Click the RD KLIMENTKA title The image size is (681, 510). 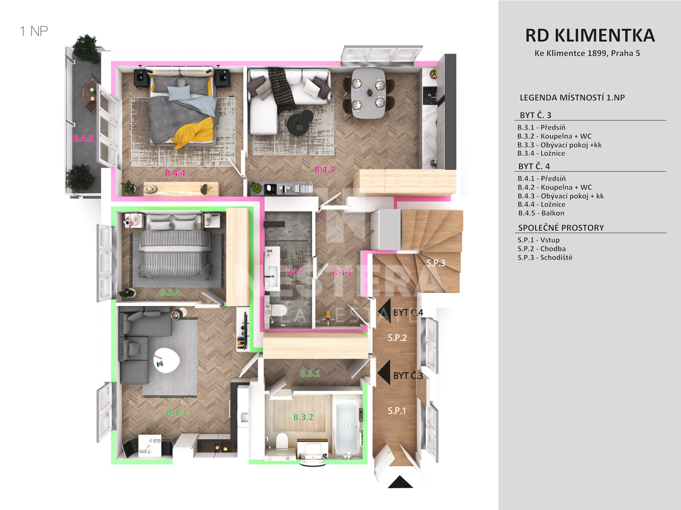tap(590, 35)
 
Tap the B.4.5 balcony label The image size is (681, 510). tap(83, 138)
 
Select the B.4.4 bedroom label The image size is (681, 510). tap(175, 173)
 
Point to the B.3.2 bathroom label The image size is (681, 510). tap(303, 417)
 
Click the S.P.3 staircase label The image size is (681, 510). tap(435, 263)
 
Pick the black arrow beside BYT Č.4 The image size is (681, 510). tap(384, 311)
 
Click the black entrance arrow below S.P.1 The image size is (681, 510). tap(400, 482)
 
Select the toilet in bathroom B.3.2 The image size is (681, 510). tap(282, 441)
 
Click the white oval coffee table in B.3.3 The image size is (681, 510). tap(166, 360)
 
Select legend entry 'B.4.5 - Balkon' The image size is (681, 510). tap(541, 213)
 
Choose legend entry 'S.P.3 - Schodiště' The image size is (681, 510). tap(545, 257)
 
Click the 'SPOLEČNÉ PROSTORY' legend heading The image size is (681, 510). tap(561, 228)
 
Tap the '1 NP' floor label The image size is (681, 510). tap(34, 31)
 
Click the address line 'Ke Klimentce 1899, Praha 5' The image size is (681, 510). tap(587, 53)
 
